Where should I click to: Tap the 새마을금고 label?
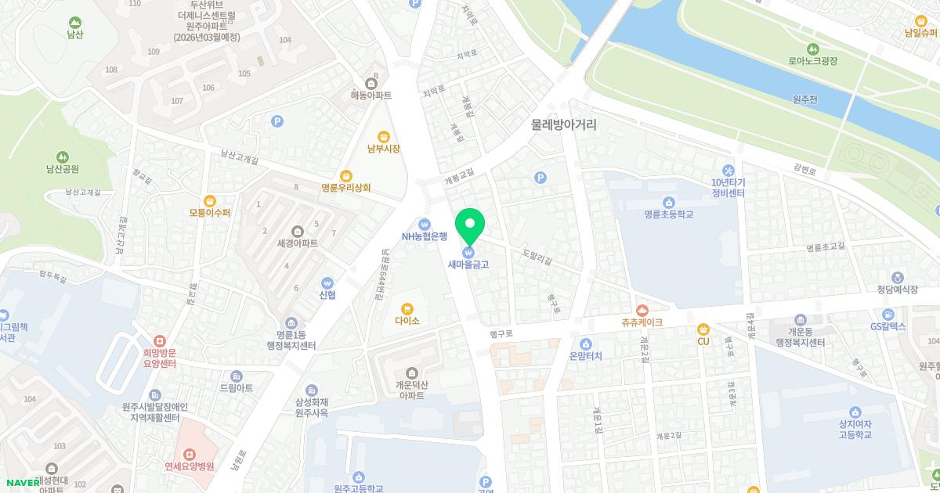(468, 264)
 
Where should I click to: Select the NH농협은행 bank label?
(424, 236)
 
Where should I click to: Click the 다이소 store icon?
(407, 308)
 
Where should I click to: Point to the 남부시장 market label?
(383, 149)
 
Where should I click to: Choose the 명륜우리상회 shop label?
(345, 188)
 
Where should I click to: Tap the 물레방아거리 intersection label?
(563, 124)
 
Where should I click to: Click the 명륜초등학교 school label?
(668, 214)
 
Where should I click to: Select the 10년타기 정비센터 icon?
(728, 171)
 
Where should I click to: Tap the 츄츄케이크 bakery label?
(642, 322)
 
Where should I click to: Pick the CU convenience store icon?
(703, 329)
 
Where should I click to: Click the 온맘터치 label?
(585, 355)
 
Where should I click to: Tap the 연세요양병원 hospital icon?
(189, 454)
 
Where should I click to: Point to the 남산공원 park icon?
(62, 157)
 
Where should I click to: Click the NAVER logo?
(20, 483)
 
